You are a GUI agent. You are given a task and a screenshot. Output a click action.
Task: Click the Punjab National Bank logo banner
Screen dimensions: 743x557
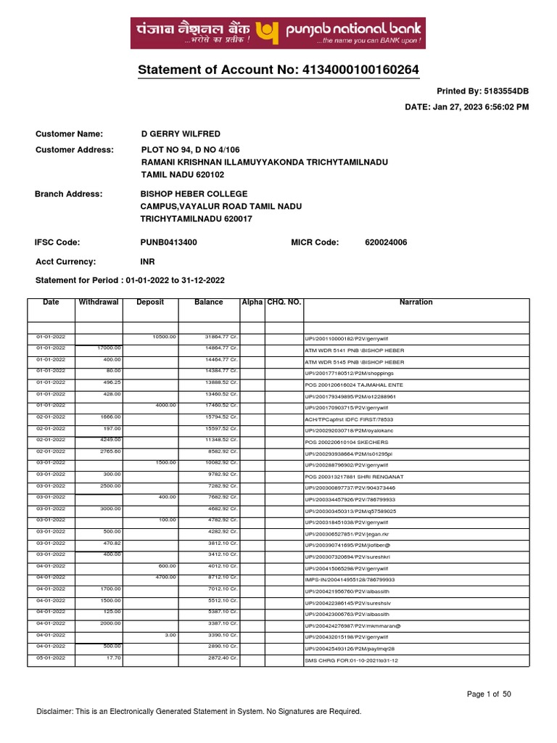278,33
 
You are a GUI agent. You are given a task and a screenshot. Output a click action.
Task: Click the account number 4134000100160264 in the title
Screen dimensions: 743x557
358,70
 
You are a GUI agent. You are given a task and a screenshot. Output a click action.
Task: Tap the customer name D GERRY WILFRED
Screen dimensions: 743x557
181,134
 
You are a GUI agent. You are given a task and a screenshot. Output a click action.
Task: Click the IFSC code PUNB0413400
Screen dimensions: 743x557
168,242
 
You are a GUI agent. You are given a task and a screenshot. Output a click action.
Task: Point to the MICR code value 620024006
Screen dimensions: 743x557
386,242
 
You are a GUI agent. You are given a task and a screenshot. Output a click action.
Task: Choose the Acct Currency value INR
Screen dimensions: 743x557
147,262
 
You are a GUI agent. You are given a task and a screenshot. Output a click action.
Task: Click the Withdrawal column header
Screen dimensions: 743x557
99,303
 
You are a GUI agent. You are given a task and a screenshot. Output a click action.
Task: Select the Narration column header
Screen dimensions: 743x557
416,303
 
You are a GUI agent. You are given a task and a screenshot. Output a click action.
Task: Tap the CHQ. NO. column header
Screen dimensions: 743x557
284,303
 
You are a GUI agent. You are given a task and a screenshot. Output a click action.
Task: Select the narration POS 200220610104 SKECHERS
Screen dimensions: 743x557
347,442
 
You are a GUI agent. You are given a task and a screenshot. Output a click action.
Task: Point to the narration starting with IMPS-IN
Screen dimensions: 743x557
350,580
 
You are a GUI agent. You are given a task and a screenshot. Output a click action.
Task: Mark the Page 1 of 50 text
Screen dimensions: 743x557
490,694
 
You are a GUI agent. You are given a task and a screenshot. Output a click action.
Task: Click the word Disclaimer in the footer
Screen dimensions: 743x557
54,712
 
